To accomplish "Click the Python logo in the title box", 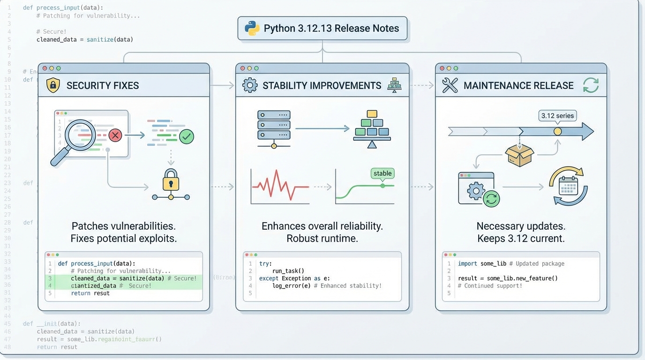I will (252, 29).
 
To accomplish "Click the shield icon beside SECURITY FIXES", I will (53, 85).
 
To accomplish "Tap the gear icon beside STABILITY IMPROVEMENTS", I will (249, 85).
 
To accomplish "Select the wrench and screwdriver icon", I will (450, 85).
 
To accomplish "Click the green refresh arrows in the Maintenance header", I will (591, 85).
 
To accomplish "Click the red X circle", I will (115, 135).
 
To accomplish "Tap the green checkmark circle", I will (187, 136).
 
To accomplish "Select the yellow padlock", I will (171, 180).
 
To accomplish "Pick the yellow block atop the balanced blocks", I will (372, 114).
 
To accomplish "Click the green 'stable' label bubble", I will (382, 173).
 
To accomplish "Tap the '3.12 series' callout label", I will (557, 116).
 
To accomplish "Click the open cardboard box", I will (519, 155).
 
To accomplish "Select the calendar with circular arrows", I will (568, 186).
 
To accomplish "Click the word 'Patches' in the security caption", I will (90, 226).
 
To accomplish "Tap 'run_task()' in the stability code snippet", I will (288, 271).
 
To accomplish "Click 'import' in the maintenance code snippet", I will (468, 264).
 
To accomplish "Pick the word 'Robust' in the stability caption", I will (302, 238).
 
